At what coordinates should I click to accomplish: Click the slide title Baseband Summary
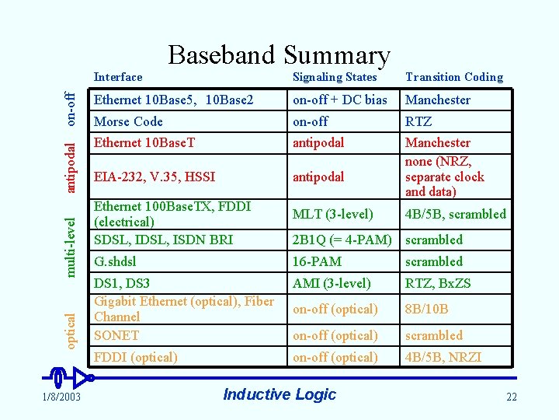coord(279,55)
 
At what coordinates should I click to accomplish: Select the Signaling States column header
coord(334,77)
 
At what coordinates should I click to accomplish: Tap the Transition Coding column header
coord(454,77)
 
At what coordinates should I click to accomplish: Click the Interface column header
coord(118,77)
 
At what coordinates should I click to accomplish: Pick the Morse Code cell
coord(128,121)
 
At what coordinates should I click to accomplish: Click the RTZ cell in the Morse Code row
coord(418,121)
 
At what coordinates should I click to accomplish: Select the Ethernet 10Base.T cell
coord(144,142)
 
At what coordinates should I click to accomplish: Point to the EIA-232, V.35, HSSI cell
coord(155,177)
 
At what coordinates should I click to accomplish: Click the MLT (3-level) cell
coord(332,214)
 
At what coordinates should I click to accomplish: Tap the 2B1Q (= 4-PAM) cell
coord(342,240)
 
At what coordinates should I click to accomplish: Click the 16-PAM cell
coord(317,261)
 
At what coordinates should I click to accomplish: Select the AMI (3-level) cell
coord(332,283)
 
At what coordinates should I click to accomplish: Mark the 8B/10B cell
coord(427,309)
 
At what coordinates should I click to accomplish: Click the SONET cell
coord(116,335)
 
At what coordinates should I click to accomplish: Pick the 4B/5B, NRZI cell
coord(443,357)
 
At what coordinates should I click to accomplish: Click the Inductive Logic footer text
coord(279,394)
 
